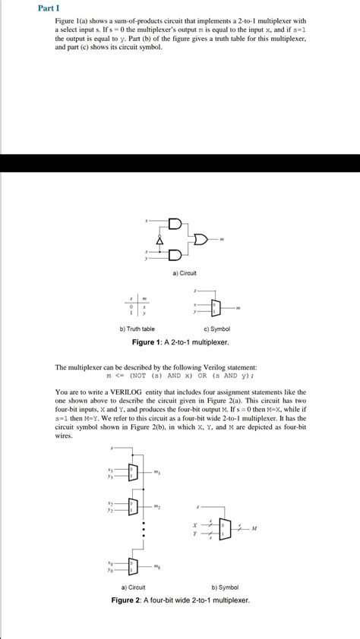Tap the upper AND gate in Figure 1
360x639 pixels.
click(x=175, y=225)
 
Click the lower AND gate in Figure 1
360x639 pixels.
click(x=175, y=253)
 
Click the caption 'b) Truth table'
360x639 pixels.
click(x=137, y=329)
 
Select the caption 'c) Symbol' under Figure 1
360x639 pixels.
click(x=216, y=329)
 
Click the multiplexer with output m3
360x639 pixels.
click(x=134, y=474)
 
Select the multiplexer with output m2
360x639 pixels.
click(x=134, y=507)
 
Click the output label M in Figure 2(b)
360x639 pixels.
click(x=254, y=528)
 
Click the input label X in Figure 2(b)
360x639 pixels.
click(x=196, y=524)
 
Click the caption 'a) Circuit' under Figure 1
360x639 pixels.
click(x=185, y=272)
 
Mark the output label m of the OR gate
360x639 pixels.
click(x=222, y=241)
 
